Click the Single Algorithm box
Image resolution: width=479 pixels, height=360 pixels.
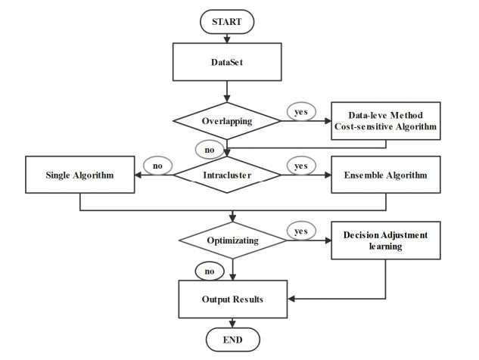pyautogui.click(x=79, y=176)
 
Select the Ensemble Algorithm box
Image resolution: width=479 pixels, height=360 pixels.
pyautogui.click(x=385, y=176)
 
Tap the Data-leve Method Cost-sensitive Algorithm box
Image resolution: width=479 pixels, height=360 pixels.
pyautogui.click(x=385, y=120)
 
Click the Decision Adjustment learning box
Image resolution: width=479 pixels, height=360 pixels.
pyautogui.click(x=385, y=241)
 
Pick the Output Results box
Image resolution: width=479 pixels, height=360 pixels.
pyautogui.click(x=232, y=299)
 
